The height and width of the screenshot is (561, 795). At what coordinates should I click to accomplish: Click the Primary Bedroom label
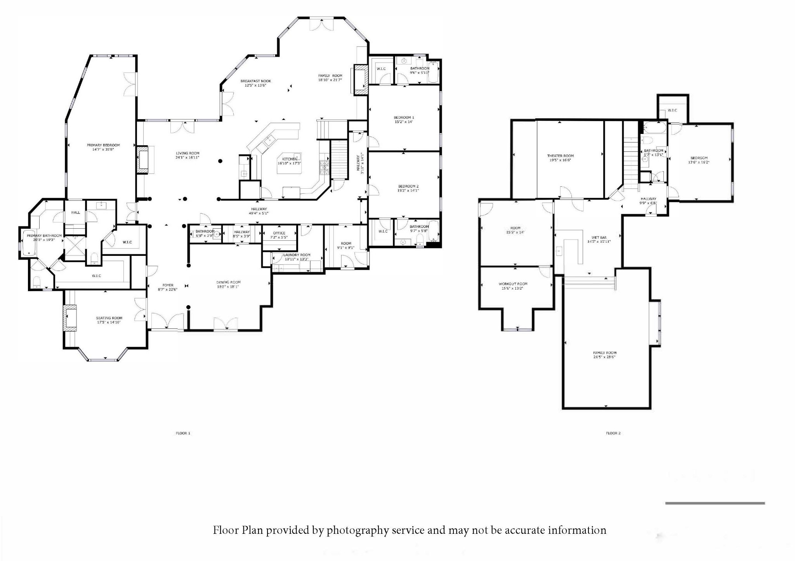point(103,145)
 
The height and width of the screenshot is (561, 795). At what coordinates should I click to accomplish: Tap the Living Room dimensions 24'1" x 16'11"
point(187,158)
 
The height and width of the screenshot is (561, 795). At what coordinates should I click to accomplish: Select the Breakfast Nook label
point(255,81)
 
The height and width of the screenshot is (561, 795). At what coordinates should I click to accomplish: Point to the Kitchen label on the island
point(289,159)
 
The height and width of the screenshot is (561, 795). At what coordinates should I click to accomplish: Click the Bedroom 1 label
point(404,118)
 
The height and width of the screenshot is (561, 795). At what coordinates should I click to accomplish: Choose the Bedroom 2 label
point(408,186)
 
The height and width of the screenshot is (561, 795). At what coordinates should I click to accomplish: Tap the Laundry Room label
point(297,255)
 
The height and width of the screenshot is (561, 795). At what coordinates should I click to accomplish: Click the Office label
point(279,233)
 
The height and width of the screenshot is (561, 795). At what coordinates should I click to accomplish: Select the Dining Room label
point(228,282)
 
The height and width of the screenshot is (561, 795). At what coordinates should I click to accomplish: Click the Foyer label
point(168,285)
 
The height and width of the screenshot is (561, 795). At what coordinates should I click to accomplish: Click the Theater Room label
point(560,156)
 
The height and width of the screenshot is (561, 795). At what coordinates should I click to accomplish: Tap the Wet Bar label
point(599,237)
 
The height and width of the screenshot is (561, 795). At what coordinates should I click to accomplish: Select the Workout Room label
point(513,284)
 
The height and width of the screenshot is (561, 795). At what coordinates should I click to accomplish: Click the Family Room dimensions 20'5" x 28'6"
point(604,357)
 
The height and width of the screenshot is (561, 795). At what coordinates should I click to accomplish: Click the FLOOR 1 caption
point(183,433)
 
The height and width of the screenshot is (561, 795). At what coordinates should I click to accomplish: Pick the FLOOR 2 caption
point(613,433)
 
